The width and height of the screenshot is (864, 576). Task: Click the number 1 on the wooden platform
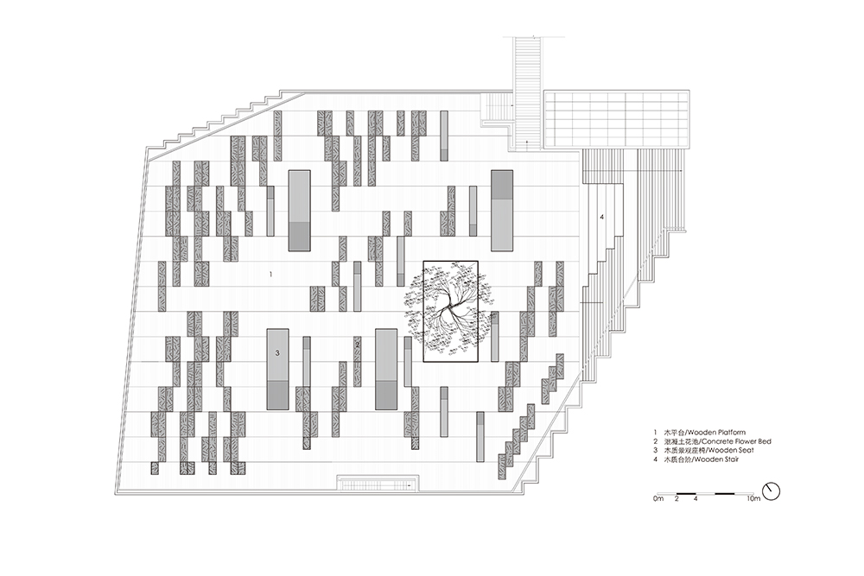pyautogui.click(x=270, y=274)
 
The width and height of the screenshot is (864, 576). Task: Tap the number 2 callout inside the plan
pyautogui.click(x=357, y=345)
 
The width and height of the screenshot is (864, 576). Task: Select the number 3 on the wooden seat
pyautogui.click(x=277, y=353)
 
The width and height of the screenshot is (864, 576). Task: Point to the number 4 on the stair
pyautogui.click(x=601, y=217)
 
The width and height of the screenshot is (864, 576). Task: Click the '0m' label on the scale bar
pyautogui.click(x=658, y=499)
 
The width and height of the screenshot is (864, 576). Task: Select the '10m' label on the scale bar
pyautogui.click(x=753, y=499)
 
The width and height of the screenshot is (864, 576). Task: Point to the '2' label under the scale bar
pyautogui.click(x=677, y=499)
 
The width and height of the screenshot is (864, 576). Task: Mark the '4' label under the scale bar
pyautogui.click(x=696, y=499)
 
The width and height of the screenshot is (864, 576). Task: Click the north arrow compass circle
pyautogui.click(x=772, y=491)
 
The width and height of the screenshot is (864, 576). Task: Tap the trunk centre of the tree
pyautogui.click(x=451, y=305)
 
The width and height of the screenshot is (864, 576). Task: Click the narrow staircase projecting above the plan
pyautogui.click(x=527, y=92)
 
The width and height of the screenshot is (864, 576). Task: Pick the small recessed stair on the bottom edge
pyautogui.click(x=378, y=483)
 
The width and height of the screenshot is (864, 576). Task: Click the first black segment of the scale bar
pyautogui.click(x=686, y=492)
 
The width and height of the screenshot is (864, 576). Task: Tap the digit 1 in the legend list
pyautogui.click(x=655, y=433)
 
